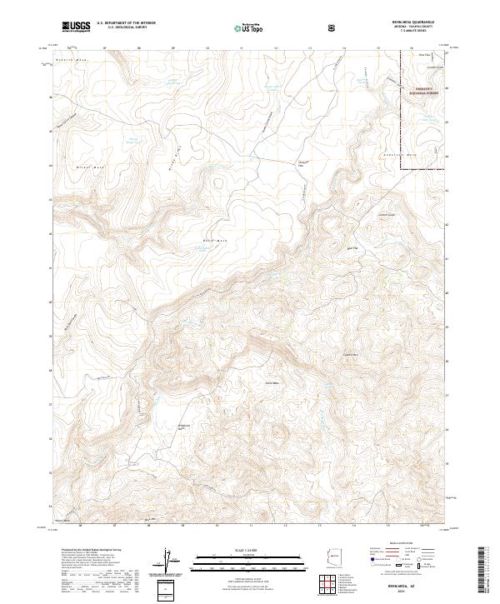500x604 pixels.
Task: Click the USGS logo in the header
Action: (77, 26)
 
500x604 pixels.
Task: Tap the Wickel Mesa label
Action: (77, 165)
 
